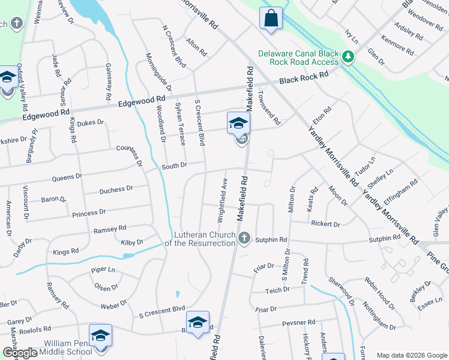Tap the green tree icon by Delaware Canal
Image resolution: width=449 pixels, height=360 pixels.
click(x=348, y=58)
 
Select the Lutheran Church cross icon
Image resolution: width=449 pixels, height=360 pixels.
click(x=243, y=238)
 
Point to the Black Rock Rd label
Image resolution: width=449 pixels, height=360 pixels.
click(x=304, y=78)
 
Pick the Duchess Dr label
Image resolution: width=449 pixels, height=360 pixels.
click(x=116, y=190)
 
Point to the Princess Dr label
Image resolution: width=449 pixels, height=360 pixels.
click(x=88, y=213)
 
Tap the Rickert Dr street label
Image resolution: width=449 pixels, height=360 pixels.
click(x=325, y=224)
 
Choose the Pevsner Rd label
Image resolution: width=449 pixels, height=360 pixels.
click(x=298, y=323)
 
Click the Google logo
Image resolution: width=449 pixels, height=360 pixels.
click(x=20, y=353)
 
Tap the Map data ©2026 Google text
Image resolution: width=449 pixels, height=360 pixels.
click(x=411, y=355)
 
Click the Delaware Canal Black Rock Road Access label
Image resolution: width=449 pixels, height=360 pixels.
click(x=298, y=58)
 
